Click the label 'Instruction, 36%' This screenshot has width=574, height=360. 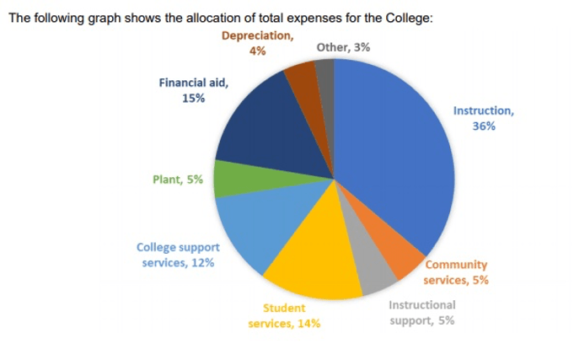click(x=483, y=118)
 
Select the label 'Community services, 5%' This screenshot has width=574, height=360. click(x=455, y=272)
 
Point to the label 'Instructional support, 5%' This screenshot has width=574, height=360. click(x=422, y=312)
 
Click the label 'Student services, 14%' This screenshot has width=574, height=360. click(x=284, y=316)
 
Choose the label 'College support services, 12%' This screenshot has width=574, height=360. click(x=178, y=255)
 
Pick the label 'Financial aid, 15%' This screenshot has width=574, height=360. click(x=193, y=90)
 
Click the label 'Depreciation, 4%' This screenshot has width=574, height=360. click(x=258, y=44)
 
